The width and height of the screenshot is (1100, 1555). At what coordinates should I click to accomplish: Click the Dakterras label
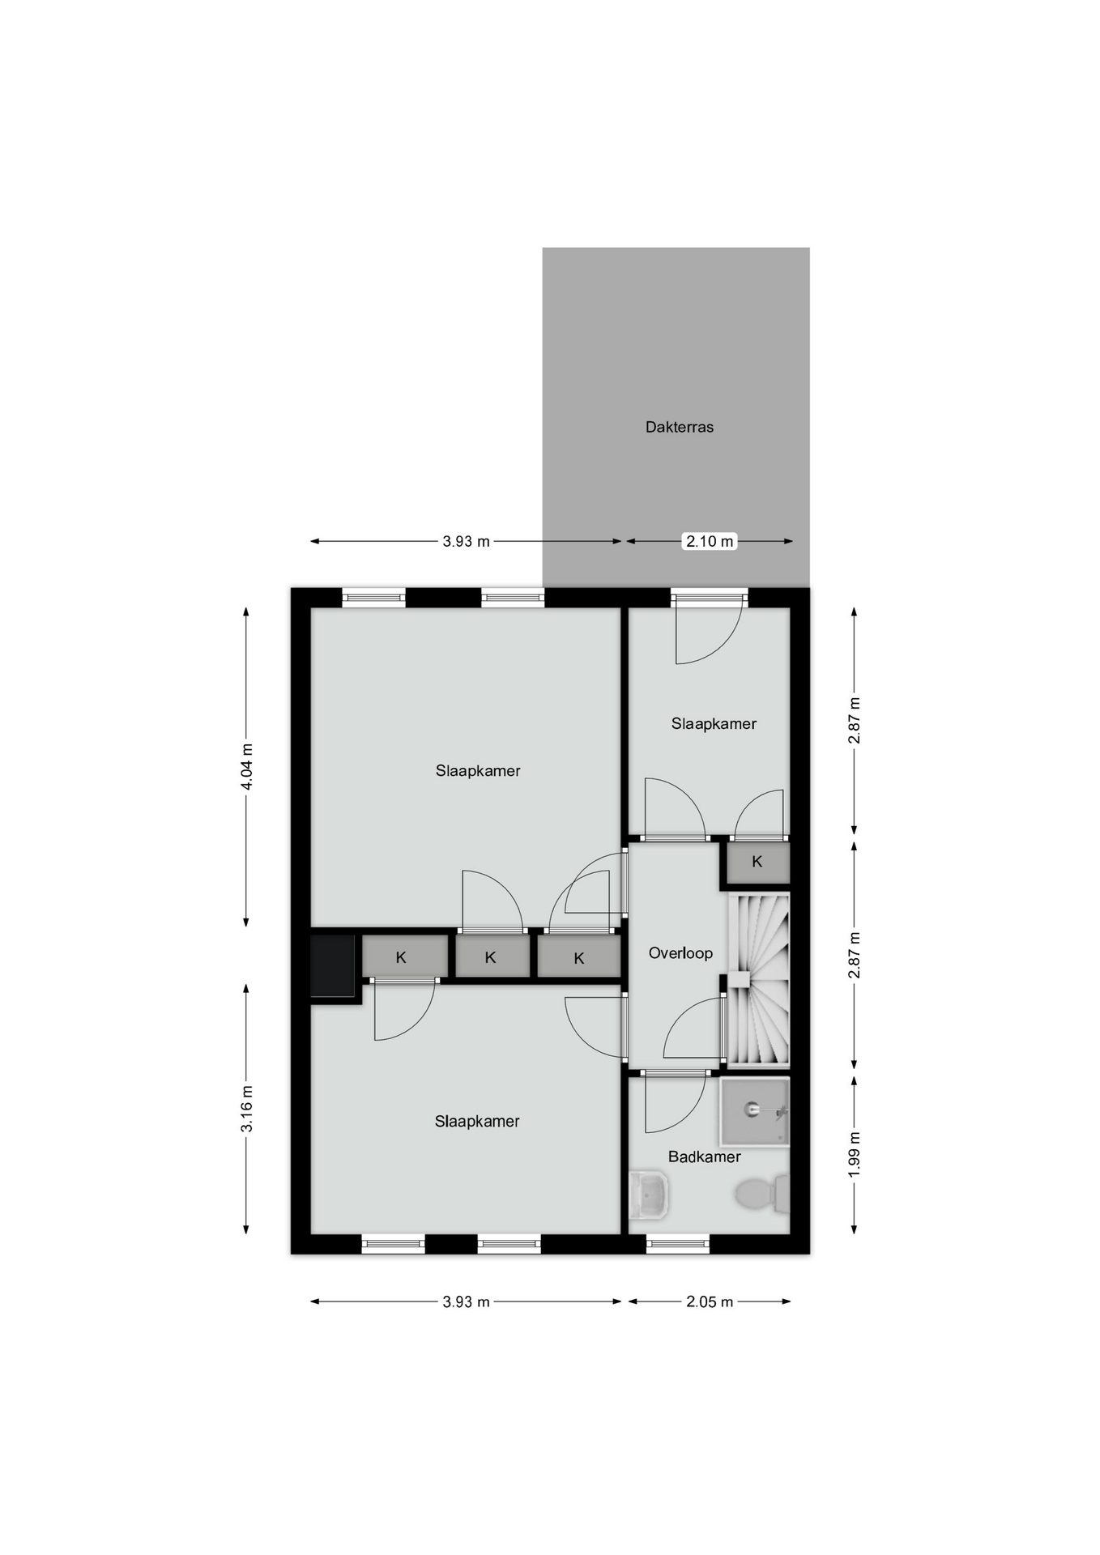[679, 427]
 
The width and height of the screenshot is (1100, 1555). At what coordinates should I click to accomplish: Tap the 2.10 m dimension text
[710, 541]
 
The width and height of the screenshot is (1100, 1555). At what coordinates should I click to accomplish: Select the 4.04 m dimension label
[247, 766]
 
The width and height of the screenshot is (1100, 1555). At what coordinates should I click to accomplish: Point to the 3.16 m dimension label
[247, 1109]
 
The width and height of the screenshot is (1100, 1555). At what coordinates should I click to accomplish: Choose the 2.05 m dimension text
[710, 1302]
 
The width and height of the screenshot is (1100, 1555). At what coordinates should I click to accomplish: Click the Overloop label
[680, 953]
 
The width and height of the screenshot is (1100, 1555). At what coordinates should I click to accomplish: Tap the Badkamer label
[704, 1157]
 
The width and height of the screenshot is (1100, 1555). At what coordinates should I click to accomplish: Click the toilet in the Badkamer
[762, 1194]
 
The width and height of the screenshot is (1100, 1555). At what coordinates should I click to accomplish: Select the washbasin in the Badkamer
[650, 1195]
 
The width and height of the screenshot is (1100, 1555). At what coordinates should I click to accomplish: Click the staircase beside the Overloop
[758, 979]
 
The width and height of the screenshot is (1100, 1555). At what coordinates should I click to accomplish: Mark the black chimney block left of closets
[333, 965]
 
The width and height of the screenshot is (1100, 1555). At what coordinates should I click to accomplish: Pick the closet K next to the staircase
[757, 862]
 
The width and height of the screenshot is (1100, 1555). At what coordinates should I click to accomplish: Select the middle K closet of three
[492, 956]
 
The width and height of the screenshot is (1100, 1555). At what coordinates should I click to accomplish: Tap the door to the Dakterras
[710, 629]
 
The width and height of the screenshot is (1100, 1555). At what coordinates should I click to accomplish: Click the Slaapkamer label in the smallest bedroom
[714, 723]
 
